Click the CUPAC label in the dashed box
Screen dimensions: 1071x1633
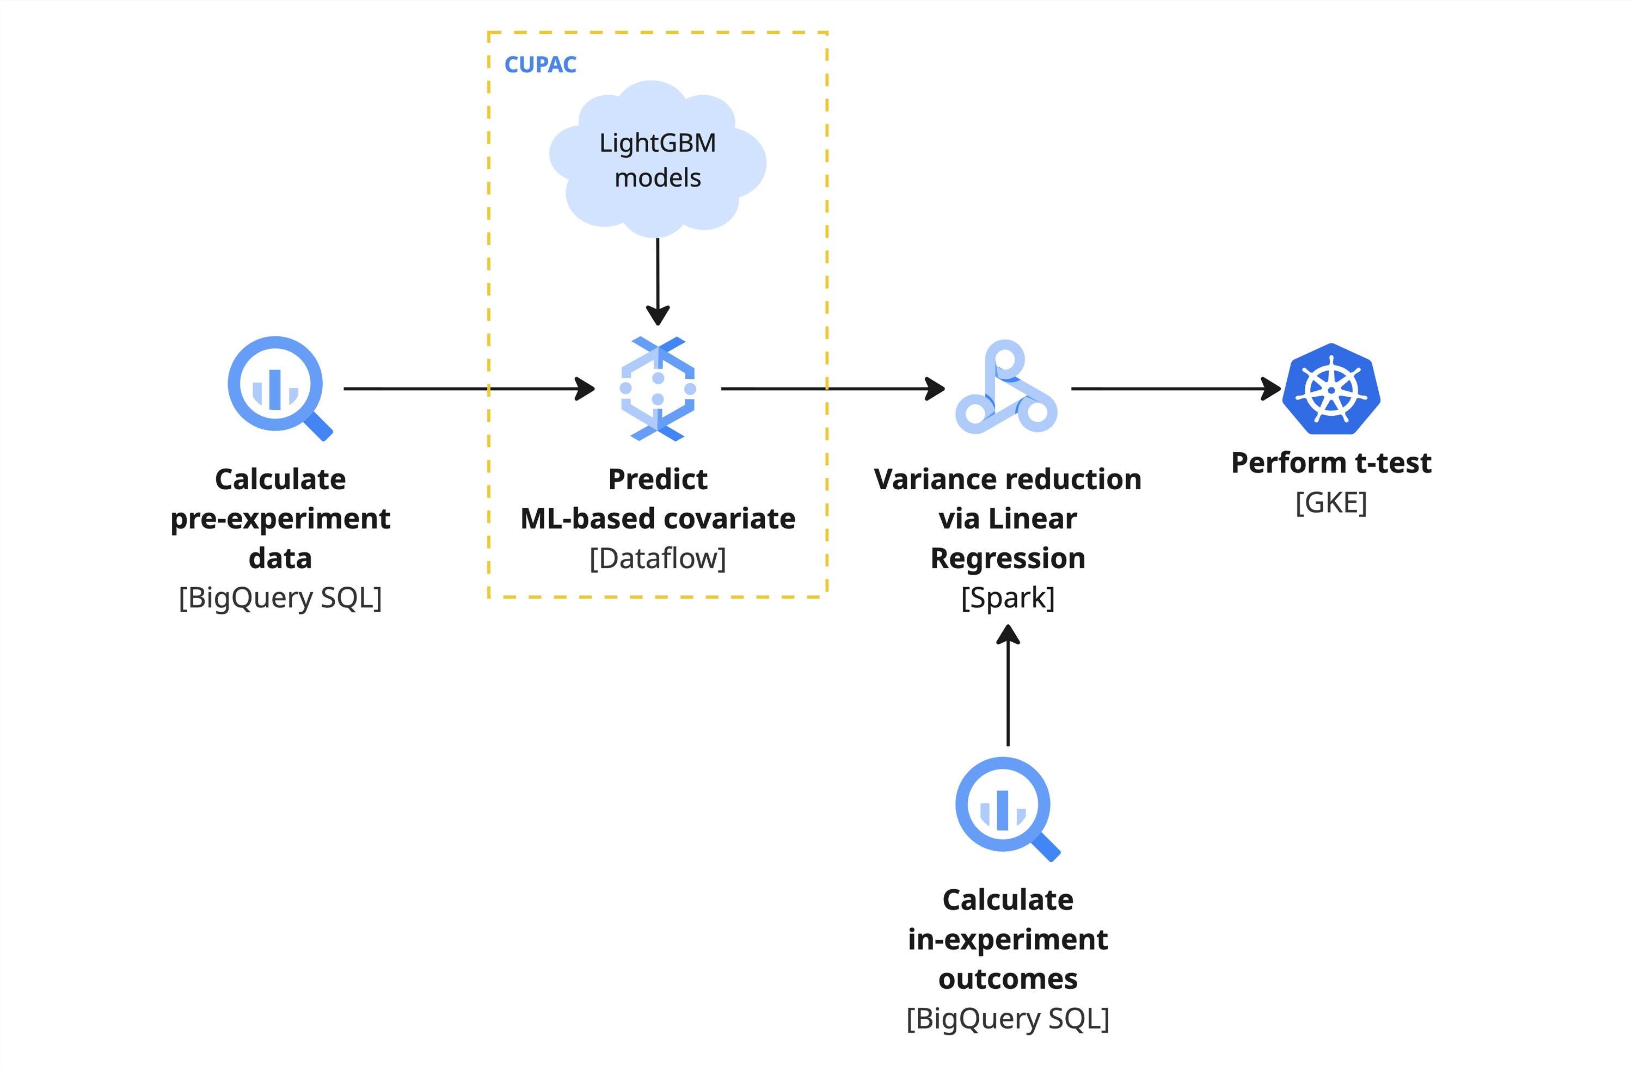point(540,65)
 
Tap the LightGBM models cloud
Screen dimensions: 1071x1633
point(658,159)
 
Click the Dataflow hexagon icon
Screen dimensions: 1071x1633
point(658,389)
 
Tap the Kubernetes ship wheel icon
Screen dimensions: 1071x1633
point(1331,389)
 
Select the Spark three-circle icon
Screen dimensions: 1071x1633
point(1006,389)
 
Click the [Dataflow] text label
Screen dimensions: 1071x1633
point(658,558)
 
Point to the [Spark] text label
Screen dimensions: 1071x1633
point(1007,598)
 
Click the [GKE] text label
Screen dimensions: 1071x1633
point(1330,503)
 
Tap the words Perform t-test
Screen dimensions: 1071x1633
point(1330,463)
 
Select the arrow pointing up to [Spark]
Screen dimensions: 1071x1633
point(1007,686)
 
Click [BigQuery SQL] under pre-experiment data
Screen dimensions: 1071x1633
point(280,598)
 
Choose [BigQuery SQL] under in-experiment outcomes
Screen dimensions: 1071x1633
point(1007,1018)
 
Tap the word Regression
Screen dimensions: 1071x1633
point(1007,558)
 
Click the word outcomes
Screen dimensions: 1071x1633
point(1007,979)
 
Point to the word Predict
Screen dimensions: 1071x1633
point(658,479)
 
